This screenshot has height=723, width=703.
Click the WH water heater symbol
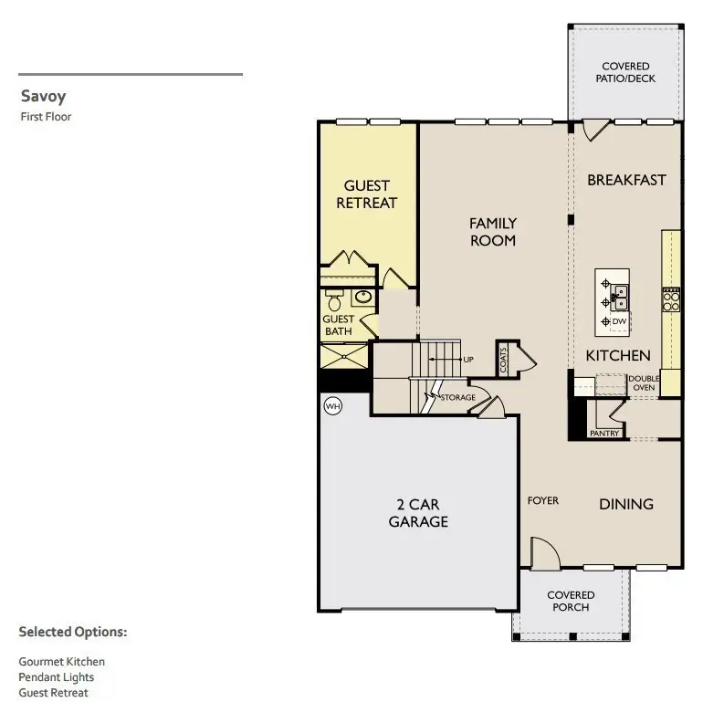(x=331, y=406)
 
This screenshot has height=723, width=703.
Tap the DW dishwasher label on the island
(x=619, y=321)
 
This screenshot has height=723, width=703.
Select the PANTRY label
(x=604, y=434)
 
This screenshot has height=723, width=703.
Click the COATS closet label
(x=503, y=359)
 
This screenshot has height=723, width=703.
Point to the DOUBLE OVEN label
(x=642, y=382)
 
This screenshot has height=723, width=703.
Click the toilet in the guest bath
(x=335, y=301)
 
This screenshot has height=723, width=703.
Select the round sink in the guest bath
(x=363, y=297)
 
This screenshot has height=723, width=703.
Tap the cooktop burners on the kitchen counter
(x=671, y=299)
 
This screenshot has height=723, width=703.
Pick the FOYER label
(x=542, y=501)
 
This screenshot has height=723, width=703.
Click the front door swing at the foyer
(x=542, y=553)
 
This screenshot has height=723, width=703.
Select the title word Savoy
(x=43, y=97)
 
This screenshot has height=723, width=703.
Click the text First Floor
(x=46, y=117)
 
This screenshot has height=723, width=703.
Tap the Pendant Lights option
(x=57, y=677)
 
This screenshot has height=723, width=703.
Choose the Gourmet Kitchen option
(x=62, y=662)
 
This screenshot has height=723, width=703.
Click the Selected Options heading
(x=73, y=632)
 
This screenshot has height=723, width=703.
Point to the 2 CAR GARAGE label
(x=418, y=513)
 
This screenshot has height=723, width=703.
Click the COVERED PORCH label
(x=571, y=602)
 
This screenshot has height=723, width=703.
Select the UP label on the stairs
(x=468, y=360)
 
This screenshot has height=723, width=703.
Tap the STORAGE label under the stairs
(x=458, y=398)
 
